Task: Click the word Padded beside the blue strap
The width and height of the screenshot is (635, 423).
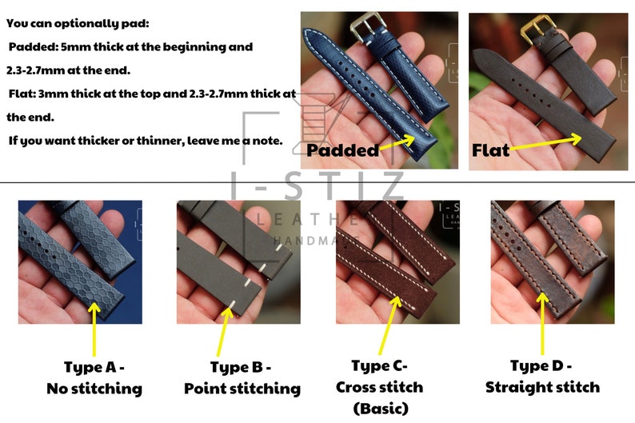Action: [x=342, y=150]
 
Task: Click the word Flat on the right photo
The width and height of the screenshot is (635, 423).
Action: [x=490, y=150]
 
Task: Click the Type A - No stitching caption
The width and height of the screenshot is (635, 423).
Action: [x=94, y=378]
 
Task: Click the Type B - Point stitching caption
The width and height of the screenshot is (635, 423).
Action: [x=242, y=378]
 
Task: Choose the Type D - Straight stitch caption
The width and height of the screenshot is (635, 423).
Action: [x=543, y=377]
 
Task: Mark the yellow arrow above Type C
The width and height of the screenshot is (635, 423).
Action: [x=390, y=324]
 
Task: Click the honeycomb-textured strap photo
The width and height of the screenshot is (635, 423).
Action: [x=69, y=261]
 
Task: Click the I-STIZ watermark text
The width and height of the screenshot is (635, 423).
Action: [x=318, y=186]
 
